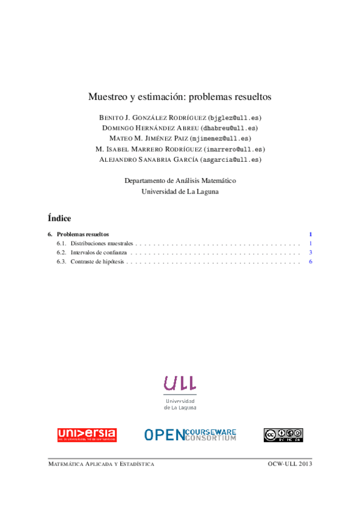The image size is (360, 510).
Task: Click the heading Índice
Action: click(59, 218)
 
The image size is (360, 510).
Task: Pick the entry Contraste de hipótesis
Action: click(97, 262)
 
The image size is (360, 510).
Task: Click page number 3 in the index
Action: click(310, 253)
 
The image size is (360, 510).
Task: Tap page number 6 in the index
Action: click(310, 262)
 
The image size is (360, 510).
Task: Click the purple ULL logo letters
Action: click(180, 382)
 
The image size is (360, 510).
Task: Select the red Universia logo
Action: click(87, 435)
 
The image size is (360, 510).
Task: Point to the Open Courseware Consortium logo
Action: click(190, 435)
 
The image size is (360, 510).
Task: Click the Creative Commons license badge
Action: click(282, 435)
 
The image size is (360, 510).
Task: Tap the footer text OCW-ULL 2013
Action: click(290, 464)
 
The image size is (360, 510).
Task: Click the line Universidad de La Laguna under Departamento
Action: click(180, 192)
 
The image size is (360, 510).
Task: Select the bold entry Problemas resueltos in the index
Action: click(83, 234)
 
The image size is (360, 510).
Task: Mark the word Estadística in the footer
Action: click(136, 464)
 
